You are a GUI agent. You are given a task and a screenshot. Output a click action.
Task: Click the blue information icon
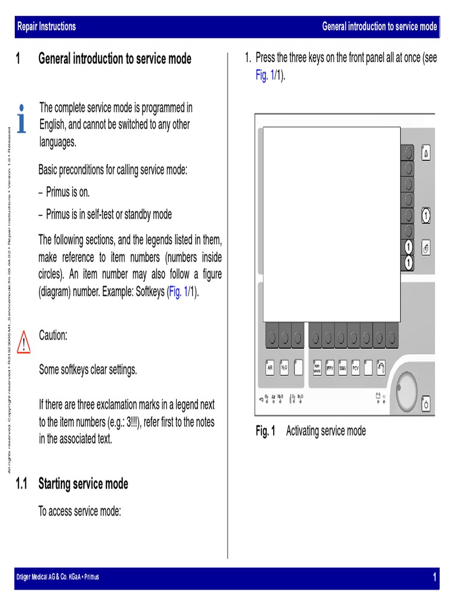coord(22,119)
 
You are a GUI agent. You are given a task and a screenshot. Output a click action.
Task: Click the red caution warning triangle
coord(24,342)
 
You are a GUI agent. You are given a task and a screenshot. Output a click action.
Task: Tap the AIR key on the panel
coord(270,367)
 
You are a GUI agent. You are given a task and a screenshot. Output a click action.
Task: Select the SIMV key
coord(343,367)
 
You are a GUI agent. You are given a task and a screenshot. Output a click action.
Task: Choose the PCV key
coord(356,367)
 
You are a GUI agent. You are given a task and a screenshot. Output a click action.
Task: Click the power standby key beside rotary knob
coord(426,404)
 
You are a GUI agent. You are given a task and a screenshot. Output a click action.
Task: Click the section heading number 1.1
coord(22,484)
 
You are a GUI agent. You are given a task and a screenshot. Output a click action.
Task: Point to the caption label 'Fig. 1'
coord(265,431)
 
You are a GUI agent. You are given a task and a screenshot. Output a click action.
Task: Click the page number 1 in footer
coord(434,577)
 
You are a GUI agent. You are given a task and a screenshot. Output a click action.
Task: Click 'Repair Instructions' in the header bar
coord(47,27)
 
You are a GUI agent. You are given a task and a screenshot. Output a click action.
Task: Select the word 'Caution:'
coord(53,336)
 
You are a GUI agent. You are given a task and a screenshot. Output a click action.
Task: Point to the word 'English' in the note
coord(54,125)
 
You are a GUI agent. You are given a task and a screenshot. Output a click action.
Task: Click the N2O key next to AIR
coord(284,367)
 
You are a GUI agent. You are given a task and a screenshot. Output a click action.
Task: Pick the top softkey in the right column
coord(407,153)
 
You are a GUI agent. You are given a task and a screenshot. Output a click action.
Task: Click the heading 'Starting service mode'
coord(83,484)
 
